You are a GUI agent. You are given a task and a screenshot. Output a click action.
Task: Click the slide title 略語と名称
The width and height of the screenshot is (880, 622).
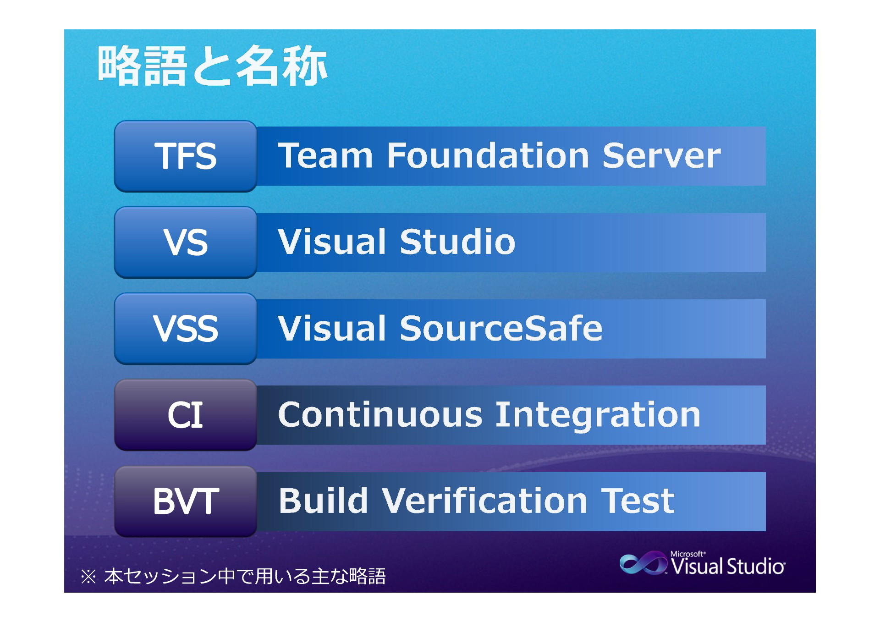click(212, 66)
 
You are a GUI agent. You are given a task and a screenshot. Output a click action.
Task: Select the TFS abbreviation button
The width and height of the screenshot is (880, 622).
click(186, 156)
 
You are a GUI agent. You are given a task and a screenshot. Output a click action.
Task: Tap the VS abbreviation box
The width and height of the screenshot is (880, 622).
click(186, 242)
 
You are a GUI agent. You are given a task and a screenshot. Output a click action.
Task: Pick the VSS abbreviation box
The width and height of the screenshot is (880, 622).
click(186, 329)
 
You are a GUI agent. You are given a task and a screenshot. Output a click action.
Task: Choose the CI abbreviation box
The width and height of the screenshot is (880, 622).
click(186, 415)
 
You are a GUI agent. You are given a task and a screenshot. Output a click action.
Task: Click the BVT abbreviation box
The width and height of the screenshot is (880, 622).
click(186, 501)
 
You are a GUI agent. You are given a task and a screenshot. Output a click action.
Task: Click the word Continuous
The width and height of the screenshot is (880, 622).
click(380, 415)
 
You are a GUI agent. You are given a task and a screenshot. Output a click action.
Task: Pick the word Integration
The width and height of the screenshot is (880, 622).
click(598, 416)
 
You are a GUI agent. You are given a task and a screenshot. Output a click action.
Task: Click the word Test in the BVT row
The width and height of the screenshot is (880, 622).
click(638, 501)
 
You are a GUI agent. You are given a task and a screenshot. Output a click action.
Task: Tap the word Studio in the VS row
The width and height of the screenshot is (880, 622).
click(457, 242)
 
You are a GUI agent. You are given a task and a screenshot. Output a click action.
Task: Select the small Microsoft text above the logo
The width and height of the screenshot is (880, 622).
click(688, 554)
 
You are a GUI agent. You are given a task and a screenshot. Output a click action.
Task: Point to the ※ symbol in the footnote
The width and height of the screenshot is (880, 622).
click(88, 577)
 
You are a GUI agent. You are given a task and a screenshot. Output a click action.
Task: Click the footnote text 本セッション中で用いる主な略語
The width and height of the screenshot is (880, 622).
click(245, 576)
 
